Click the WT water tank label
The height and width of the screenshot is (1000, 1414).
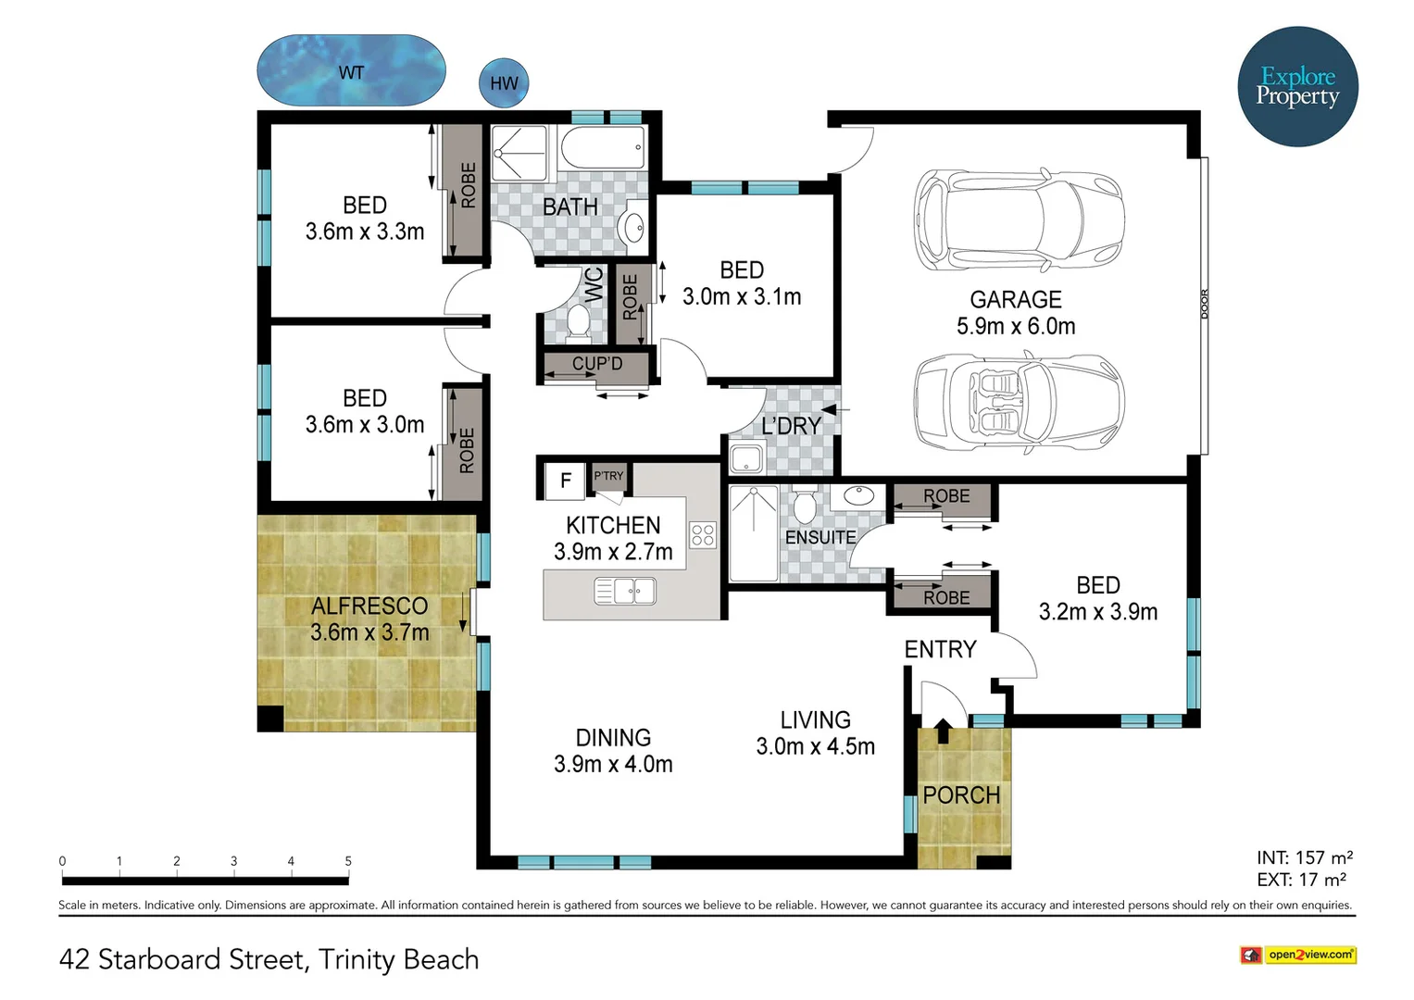tap(351, 72)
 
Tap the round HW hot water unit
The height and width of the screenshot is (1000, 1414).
tap(504, 82)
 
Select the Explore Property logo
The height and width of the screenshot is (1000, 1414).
tap(1297, 86)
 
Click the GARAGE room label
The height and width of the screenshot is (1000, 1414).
tap(1016, 299)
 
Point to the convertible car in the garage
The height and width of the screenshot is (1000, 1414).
tap(1019, 402)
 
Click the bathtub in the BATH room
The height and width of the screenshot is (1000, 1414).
tap(603, 147)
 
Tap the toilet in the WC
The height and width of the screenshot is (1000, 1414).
tap(577, 322)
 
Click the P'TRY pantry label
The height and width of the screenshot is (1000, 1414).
tap(608, 475)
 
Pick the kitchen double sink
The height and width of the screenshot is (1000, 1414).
tap(625, 592)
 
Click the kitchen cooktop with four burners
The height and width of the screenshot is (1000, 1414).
tap(703, 535)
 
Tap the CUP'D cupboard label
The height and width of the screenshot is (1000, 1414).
tap(597, 364)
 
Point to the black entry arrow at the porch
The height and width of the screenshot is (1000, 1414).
tap(943, 731)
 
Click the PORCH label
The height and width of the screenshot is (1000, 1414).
tap(961, 795)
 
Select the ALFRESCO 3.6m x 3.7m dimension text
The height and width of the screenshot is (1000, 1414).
tap(369, 632)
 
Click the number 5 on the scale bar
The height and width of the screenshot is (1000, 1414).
tap(348, 860)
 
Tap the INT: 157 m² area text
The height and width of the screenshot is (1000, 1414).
tap(1304, 857)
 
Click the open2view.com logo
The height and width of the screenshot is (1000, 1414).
tap(1298, 956)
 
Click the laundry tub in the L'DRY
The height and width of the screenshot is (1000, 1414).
tap(746, 457)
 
